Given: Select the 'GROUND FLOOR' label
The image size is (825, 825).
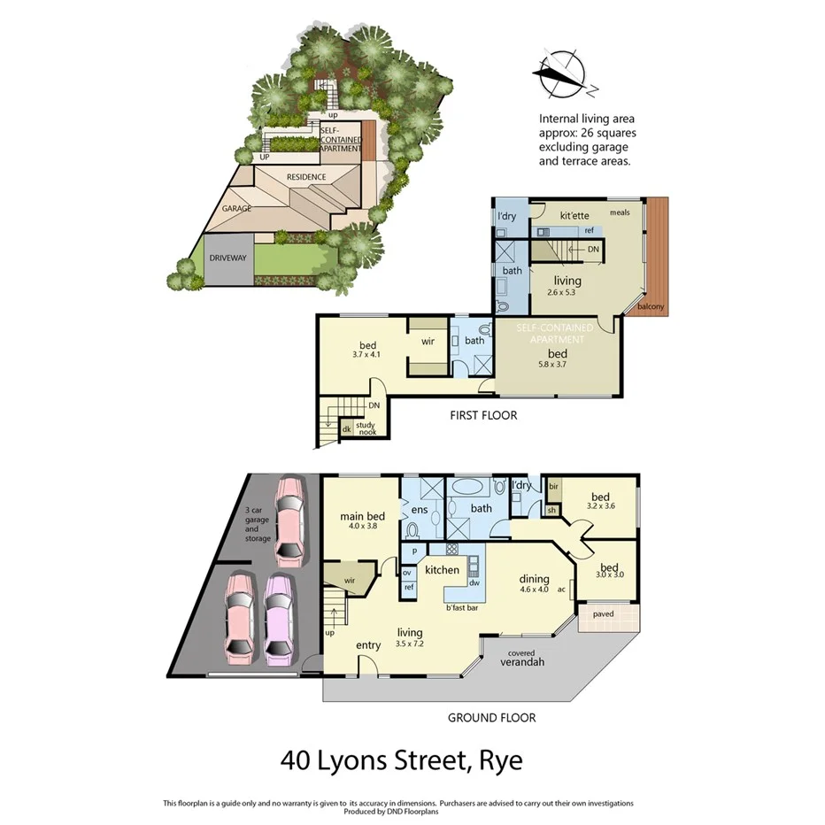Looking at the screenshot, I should [x=491, y=718].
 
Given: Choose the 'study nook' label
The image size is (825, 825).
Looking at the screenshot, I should [x=366, y=428].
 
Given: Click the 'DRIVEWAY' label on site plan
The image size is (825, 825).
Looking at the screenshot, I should [x=227, y=258].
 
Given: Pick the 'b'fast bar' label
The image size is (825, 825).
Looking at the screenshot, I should [x=461, y=607].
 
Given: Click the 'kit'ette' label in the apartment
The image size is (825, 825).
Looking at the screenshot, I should [x=574, y=215].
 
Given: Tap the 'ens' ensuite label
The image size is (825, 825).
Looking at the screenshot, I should [x=420, y=510].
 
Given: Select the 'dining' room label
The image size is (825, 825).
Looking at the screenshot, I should [x=536, y=582].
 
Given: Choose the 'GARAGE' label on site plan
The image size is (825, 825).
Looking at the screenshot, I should [x=237, y=209].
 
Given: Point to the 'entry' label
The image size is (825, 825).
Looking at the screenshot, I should [x=368, y=645].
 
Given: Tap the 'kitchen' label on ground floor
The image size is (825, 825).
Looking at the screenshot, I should [x=442, y=570].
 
